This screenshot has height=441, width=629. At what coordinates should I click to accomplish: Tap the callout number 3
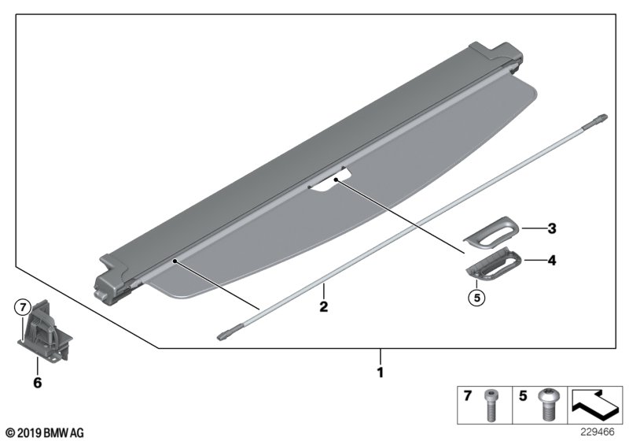click(552, 229)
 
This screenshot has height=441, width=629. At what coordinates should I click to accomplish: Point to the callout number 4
click(552, 258)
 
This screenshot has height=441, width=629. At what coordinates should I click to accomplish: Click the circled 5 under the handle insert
click(474, 298)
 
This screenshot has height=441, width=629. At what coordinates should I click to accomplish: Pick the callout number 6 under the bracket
click(36, 384)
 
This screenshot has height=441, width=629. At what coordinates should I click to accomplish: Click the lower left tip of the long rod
click(221, 335)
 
